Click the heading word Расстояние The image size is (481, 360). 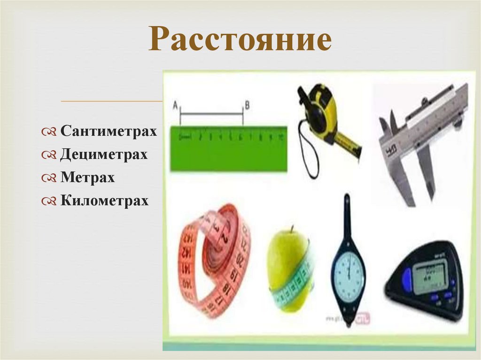click(x=240, y=40)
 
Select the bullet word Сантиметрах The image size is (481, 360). click(x=108, y=131)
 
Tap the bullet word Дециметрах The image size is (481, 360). click(x=104, y=154)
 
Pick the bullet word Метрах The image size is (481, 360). click(x=87, y=178)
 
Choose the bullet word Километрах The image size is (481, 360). click(x=104, y=201)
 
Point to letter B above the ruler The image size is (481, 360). click(x=247, y=106)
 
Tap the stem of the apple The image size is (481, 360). click(x=292, y=229)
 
